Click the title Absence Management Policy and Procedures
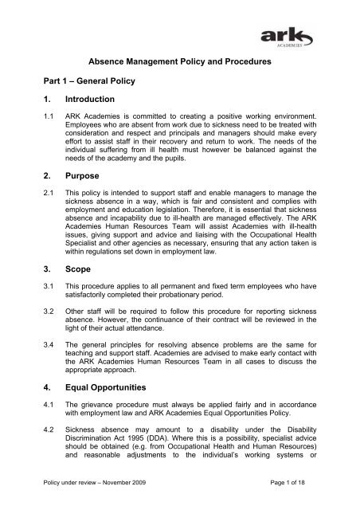[x=178, y=80]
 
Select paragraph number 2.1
[x=36, y=237]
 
